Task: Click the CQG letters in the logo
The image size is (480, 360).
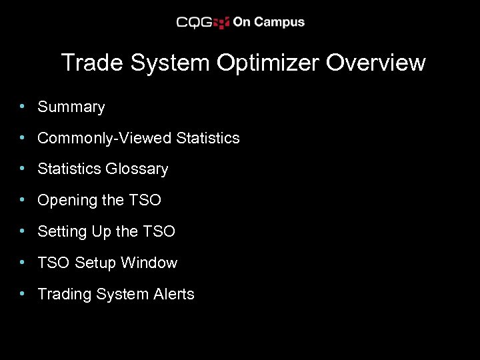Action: [194, 22]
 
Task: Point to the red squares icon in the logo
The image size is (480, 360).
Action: [222, 22]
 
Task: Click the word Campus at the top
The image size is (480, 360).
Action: [279, 22]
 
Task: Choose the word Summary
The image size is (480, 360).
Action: [71, 107]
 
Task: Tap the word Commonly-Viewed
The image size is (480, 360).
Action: [105, 138]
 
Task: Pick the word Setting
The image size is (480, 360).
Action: [61, 231]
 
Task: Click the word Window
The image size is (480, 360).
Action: [149, 263]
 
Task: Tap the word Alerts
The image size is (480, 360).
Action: [173, 294]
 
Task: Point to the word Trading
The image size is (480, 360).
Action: [65, 294]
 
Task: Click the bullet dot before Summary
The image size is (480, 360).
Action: [23, 106]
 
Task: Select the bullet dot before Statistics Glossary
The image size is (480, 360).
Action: [23, 169]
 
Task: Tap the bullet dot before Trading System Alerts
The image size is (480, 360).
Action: [23, 293]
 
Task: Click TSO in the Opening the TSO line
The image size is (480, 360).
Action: [146, 200]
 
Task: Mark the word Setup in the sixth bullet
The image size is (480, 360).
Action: [95, 263]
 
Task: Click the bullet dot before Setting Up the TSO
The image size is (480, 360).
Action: [23, 231]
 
